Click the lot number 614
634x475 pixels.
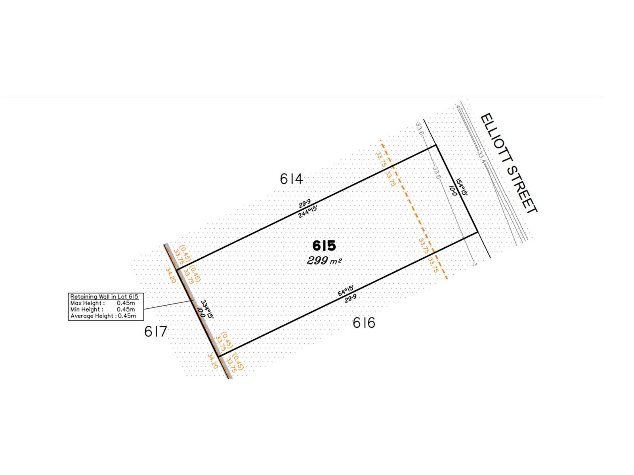[x=291, y=179]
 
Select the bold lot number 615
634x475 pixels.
[x=324, y=246]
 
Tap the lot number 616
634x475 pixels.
[x=364, y=323]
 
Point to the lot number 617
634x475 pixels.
[x=156, y=331]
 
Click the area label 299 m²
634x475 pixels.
[x=324, y=261]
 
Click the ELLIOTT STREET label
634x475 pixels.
[x=509, y=163]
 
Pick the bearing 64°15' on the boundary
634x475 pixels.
[x=346, y=291]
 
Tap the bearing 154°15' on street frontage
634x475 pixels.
[x=462, y=187]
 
